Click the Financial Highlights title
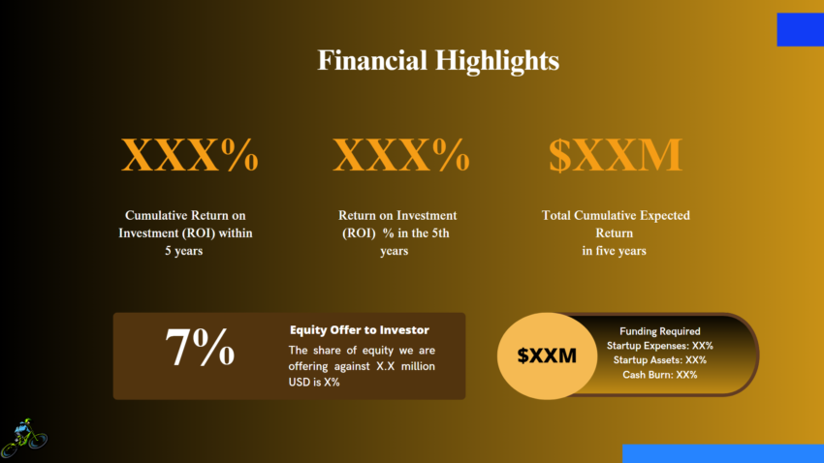click(x=438, y=61)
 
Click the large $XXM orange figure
click(x=616, y=155)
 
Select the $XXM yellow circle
click(x=547, y=355)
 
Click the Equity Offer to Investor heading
click(x=359, y=330)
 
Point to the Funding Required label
click(x=659, y=331)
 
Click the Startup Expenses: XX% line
click(x=659, y=346)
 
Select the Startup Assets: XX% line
click(x=659, y=360)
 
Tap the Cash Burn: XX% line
click(x=659, y=375)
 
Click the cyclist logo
click(x=23, y=438)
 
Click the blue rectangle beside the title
click(x=800, y=29)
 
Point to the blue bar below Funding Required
click(x=721, y=453)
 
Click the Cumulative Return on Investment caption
click(x=191, y=232)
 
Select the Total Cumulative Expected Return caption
click(x=615, y=232)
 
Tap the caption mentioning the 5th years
click(x=396, y=232)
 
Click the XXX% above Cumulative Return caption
click(x=190, y=155)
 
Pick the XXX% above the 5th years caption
click(x=400, y=155)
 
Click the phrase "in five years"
click(x=615, y=251)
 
